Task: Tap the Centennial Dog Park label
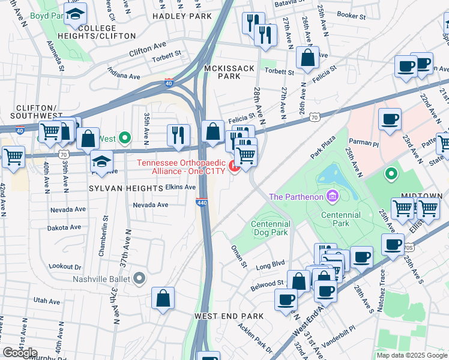click(270, 228)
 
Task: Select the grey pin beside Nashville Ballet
click(139, 278)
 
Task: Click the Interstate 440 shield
click(202, 204)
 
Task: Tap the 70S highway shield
click(409, 247)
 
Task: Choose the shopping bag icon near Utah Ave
click(163, 298)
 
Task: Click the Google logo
click(19, 353)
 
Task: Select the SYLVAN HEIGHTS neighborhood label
click(126, 188)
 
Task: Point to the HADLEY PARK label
click(179, 16)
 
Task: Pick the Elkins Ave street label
click(181, 187)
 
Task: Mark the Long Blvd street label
click(270, 263)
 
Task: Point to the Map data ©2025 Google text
click(411, 355)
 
